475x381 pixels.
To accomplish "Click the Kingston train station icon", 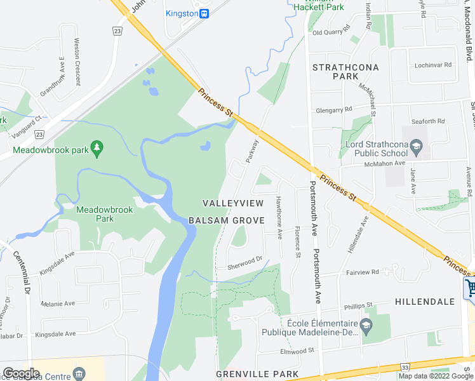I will pyautogui.click(x=204, y=13).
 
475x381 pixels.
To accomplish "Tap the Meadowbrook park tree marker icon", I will pyautogui.click(x=97, y=148).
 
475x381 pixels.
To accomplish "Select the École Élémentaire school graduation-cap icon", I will pyautogui.click(x=366, y=326).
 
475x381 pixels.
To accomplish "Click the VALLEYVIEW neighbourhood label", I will pyautogui.click(x=232, y=203).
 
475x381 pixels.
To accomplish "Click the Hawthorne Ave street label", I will pyautogui.click(x=279, y=217).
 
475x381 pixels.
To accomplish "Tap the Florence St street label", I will pyautogui.click(x=297, y=242).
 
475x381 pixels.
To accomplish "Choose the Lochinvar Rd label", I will pyautogui.click(x=431, y=65).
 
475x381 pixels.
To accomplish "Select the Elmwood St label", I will pyautogui.click(x=297, y=351).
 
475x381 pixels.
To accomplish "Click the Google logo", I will pyautogui.click(x=22, y=373).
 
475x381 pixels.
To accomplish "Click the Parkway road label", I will pyautogui.click(x=252, y=150).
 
